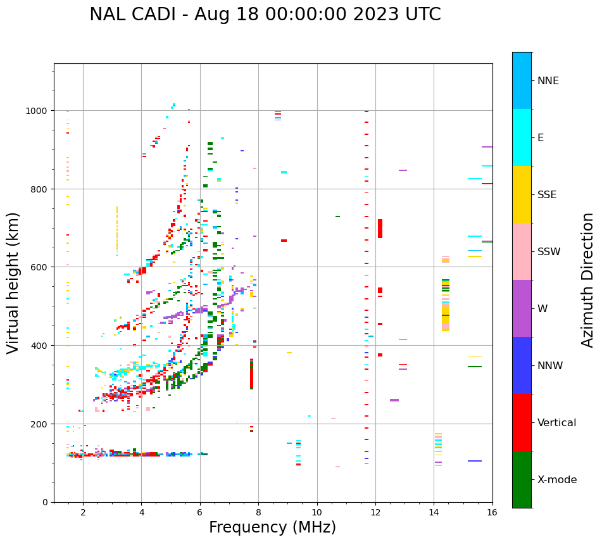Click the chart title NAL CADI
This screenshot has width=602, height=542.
pos(265,15)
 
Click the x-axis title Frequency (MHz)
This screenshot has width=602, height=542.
pos(272,527)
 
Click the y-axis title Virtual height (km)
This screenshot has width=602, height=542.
pos(13,282)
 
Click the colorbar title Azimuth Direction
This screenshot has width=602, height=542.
pos(588,280)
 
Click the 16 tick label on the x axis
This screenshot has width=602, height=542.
pos(492,513)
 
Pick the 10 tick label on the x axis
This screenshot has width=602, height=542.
pos(317,513)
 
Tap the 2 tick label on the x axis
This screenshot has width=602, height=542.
pos(83,513)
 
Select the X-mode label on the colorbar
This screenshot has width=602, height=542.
pos(557,480)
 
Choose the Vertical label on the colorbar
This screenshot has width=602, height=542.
pos(556,423)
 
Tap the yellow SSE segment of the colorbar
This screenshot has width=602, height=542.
pos(522,194)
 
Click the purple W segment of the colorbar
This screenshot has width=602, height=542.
pos(522,308)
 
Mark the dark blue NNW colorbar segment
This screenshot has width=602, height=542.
pos(522,365)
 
